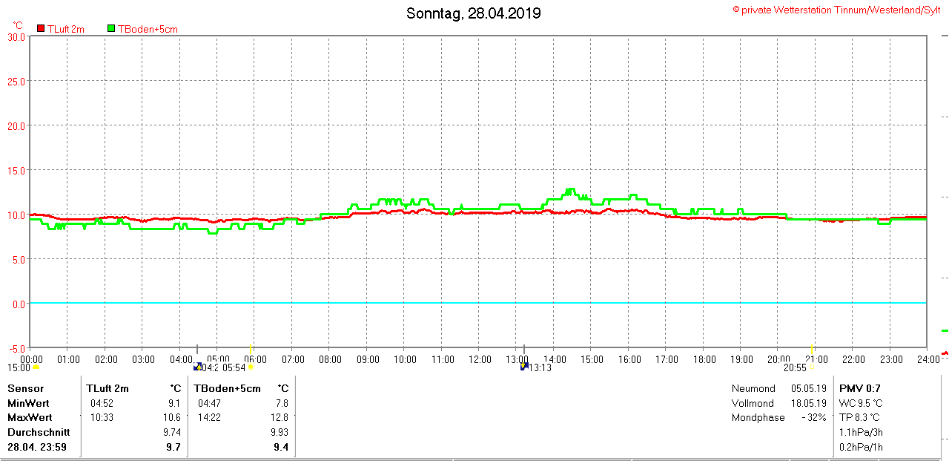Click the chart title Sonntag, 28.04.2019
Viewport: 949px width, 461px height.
coord(474,13)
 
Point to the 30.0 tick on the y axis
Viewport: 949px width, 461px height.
coord(17,36)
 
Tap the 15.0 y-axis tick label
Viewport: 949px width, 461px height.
coord(17,170)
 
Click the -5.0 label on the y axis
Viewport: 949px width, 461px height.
coord(17,348)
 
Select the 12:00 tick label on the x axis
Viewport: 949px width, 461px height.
coord(480,359)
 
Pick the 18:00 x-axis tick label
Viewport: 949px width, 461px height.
coord(704,359)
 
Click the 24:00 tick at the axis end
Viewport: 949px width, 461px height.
coord(927,359)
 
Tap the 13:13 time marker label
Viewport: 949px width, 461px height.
coord(540,367)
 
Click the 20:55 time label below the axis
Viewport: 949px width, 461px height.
coord(796,367)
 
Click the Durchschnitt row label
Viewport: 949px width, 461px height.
coord(39,431)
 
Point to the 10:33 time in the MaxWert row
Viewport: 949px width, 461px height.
coord(102,417)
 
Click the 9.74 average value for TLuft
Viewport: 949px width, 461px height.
coord(172,431)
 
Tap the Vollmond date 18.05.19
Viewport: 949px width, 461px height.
coord(808,403)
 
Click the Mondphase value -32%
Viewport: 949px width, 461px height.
coord(813,417)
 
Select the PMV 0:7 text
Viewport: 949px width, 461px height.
coord(859,388)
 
